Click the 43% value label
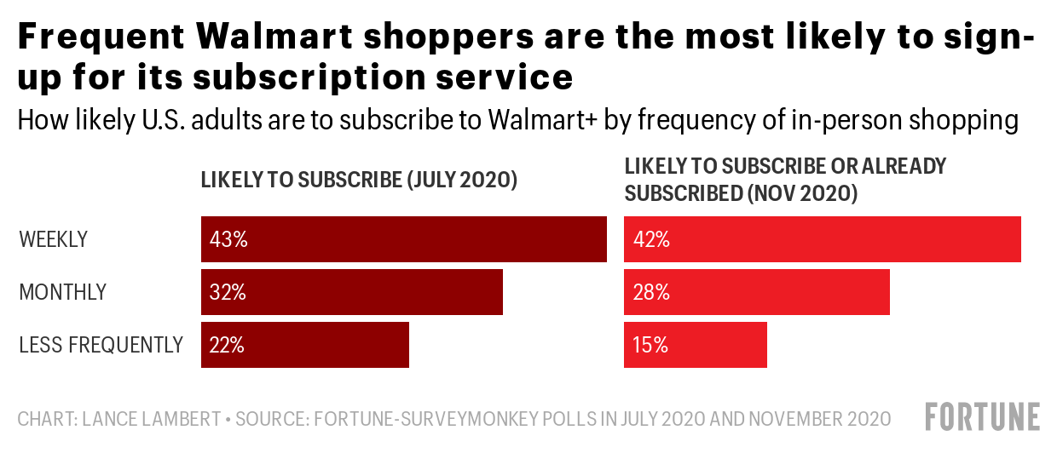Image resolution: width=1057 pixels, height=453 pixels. (x=228, y=240)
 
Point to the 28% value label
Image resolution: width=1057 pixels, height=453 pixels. (x=651, y=293)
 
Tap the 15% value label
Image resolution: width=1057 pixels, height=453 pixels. (x=651, y=346)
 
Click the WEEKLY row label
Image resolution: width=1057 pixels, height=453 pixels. (x=53, y=240)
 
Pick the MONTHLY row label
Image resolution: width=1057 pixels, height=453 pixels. (x=62, y=293)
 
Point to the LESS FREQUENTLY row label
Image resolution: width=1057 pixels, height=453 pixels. (x=101, y=346)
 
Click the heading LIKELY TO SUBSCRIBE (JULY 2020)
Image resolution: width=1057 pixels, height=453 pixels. (x=359, y=181)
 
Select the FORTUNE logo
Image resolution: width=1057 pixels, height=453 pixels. (x=982, y=417)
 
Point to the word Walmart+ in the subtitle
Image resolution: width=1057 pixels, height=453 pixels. (x=542, y=121)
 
